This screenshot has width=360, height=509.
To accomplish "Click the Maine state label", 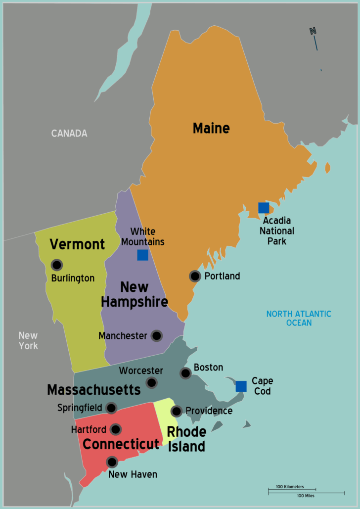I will pyautogui.click(x=211, y=129).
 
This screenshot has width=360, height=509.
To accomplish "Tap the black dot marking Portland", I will pyautogui.click(x=195, y=276).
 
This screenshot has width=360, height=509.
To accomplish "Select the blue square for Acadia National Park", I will pyautogui.click(x=264, y=208).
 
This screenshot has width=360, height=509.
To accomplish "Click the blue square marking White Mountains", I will pyautogui.click(x=142, y=255).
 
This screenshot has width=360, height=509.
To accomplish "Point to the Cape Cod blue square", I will pyautogui.click(x=241, y=386).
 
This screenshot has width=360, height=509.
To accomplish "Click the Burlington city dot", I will pyautogui.click(x=57, y=265).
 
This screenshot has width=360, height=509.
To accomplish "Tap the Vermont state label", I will pyautogui.click(x=77, y=244).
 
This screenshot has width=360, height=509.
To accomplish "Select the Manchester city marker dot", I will pyautogui.click(x=156, y=336).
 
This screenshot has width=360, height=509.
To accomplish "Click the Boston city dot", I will pyautogui.click(x=185, y=373).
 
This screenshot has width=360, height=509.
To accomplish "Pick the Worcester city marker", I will pyautogui.click(x=152, y=382).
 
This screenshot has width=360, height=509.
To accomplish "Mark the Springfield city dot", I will pyautogui.click(x=111, y=408).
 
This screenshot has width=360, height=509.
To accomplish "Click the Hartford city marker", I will pyautogui.click(x=116, y=429).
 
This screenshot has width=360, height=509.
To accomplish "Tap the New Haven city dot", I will pyautogui.click(x=112, y=462).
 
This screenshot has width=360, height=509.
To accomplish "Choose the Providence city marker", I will pyautogui.click(x=176, y=411).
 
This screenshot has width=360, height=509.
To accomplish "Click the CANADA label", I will pyautogui.click(x=69, y=133).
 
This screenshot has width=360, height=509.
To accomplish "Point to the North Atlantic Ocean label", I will pyautogui.click(x=299, y=318).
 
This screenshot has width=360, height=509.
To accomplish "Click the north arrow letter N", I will pyautogui.click(x=313, y=31).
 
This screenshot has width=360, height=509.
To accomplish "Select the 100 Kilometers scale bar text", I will pyautogui.click(x=290, y=487).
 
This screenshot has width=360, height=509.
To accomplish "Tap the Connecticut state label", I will pyautogui.click(x=121, y=444).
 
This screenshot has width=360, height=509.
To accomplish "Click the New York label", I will pyautogui.click(x=28, y=340).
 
